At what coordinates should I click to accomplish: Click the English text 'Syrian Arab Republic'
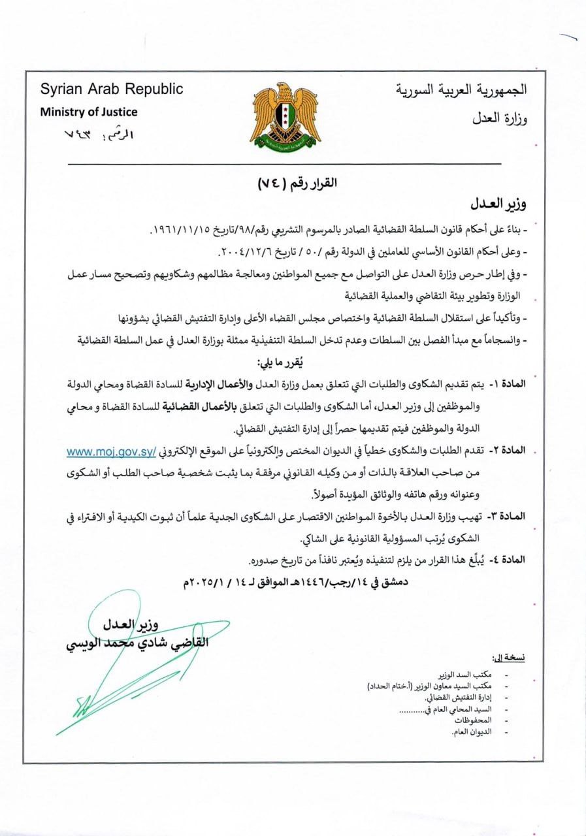(x=112, y=89)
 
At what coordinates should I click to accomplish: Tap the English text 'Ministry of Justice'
(x=89, y=111)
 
